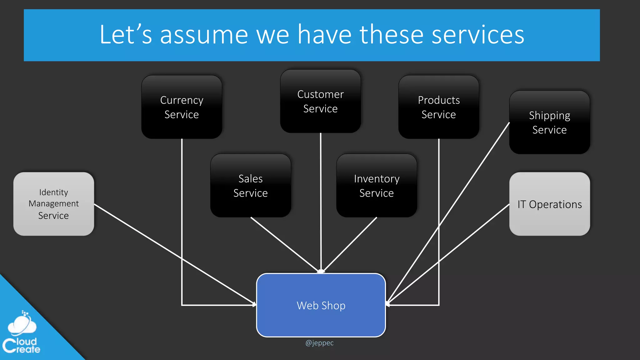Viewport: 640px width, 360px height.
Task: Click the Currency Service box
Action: [x=182, y=107]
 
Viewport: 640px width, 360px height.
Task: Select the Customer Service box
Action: [x=320, y=101]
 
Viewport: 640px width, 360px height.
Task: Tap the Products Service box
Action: [x=438, y=107]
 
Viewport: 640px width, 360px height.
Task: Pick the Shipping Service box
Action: [x=549, y=122]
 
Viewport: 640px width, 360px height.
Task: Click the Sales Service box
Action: [x=250, y=185]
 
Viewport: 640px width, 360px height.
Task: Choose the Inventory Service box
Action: [x=376, y=185]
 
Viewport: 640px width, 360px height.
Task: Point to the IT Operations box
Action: [x=549, y=204]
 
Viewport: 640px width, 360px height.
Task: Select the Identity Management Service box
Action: [x=53, y=204]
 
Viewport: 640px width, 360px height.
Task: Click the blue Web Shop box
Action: [x=321, y=305]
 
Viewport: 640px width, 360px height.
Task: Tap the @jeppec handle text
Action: [x=319, y=343]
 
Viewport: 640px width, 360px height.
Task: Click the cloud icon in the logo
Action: [x=22, y=325]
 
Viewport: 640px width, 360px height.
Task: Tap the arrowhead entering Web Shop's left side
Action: [x=254, y=304]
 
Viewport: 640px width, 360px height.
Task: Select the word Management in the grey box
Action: [x=53, y=204]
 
